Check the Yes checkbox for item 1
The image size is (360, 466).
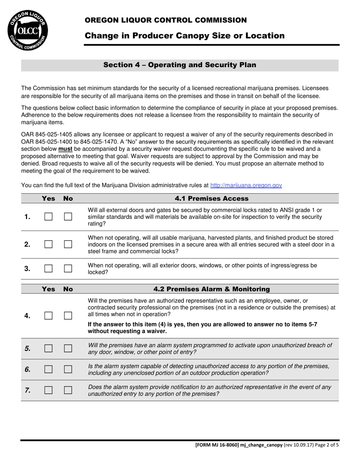[x=48, y=217]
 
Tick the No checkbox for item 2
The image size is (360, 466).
[x=68, y=244]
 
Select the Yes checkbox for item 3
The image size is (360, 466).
[x=48, y=269]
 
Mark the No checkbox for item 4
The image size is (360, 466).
[x=68, y=316]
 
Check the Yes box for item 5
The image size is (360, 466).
[x=48, y=349]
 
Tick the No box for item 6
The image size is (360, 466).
[x=68, y=369]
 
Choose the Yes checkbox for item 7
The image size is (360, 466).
[x=48, y=390]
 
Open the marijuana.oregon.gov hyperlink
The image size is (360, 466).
[x=246, y=185]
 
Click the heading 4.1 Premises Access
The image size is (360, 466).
[x=211, y=199]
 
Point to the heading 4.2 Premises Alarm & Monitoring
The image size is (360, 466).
[x=211, y=289]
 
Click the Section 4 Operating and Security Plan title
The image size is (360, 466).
[x=180, y=65]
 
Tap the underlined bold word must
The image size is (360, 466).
[x=65, y=149]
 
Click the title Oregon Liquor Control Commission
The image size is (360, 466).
[x=166, y=20]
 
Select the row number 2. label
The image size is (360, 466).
[x=27, y=244]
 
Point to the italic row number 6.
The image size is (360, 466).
[x=27, y=369]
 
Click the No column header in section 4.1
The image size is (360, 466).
[x=68, y=199]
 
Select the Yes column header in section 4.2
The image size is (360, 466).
[x=48, y=289]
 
